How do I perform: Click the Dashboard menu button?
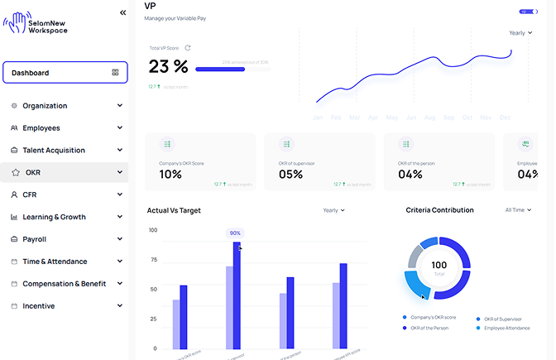65,73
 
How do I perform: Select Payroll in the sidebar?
35,239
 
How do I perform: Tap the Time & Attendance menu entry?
55,262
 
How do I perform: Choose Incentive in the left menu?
38,306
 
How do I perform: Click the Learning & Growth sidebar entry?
54,217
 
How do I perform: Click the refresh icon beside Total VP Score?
188,48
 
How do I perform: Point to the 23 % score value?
169,66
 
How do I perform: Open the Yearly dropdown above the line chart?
520,33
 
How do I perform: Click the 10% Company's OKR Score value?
170,174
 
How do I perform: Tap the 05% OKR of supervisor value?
290,174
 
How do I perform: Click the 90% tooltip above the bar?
235,233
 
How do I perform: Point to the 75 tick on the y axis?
153,260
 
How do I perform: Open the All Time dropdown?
519,210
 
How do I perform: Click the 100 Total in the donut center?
439,267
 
